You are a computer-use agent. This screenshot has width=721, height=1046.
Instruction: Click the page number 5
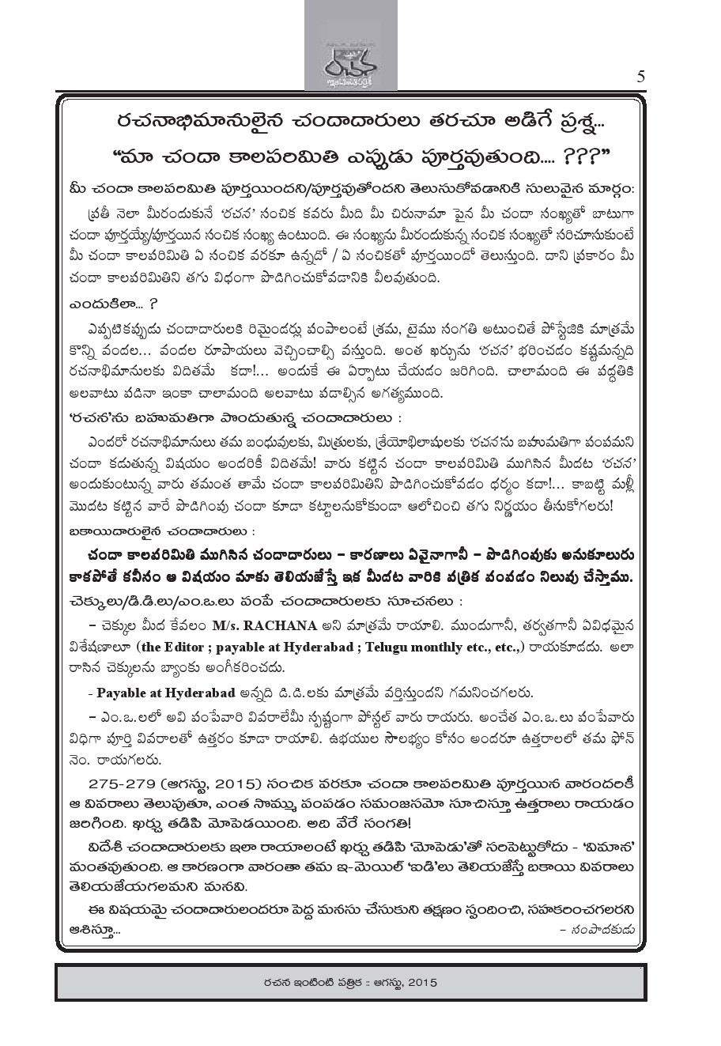(640, 77)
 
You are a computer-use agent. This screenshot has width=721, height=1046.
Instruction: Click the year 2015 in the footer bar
(420, 983)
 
